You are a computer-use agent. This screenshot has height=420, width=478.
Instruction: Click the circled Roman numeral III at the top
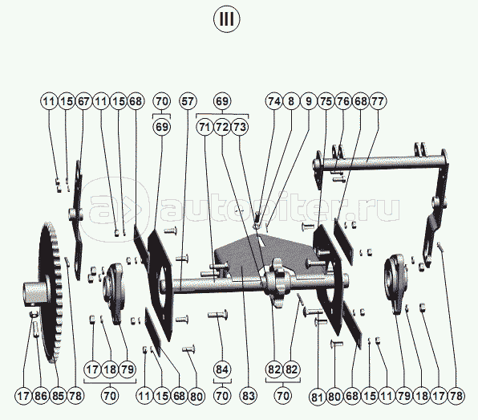[226, 19]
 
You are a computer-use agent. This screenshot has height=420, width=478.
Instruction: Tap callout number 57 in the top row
[188, 101]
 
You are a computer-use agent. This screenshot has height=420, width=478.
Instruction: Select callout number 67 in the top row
[83, 101]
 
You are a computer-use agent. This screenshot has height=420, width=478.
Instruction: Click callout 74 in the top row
[274, 101]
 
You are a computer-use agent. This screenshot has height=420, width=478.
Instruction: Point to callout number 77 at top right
[378, 101]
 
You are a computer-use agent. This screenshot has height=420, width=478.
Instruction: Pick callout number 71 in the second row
[205, 127]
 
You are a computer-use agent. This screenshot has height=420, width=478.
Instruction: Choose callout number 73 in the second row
[240, 127]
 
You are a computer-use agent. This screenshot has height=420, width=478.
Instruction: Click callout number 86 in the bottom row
[41, 396]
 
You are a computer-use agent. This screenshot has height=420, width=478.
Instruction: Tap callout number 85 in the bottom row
[58, 396]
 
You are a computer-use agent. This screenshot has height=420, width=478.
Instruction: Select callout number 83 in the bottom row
[249, 396]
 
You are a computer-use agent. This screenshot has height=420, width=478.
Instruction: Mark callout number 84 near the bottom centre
[222, 369]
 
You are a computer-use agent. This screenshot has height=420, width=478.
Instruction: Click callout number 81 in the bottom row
[318, 397]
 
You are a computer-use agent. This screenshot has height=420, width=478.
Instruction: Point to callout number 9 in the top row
[309, 101]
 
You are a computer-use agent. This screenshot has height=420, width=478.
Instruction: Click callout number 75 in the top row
[326, 101]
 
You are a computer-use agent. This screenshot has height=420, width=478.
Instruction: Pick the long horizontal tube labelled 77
[381, 161]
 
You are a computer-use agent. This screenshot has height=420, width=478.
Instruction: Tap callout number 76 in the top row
[343, 101]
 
